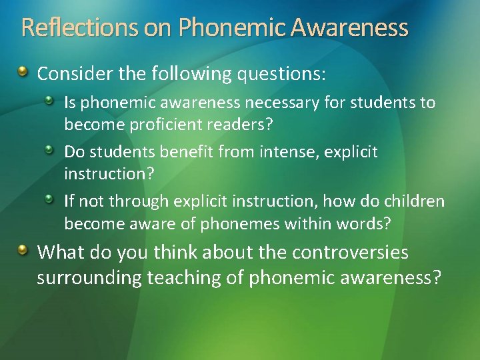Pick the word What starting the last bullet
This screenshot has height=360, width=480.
(59, 253)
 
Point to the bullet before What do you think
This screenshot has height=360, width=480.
(24, 250)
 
